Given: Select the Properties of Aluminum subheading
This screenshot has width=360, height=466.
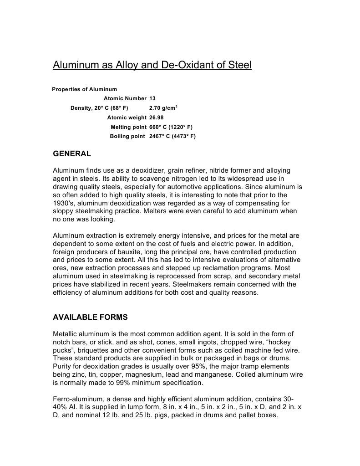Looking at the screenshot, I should (x=85, y=89).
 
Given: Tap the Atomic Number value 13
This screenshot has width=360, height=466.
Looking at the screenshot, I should (x=152, y=98).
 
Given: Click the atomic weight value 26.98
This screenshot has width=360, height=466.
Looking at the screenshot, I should (x=156, y=118).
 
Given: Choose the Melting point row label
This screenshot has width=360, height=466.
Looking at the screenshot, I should (x=128, y=127).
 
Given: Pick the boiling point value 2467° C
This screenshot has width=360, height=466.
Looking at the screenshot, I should (x=159, y=136).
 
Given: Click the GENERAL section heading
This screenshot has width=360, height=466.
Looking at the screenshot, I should (x=72, y=154).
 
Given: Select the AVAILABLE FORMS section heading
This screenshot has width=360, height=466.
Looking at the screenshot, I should (x=90, y=317).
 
